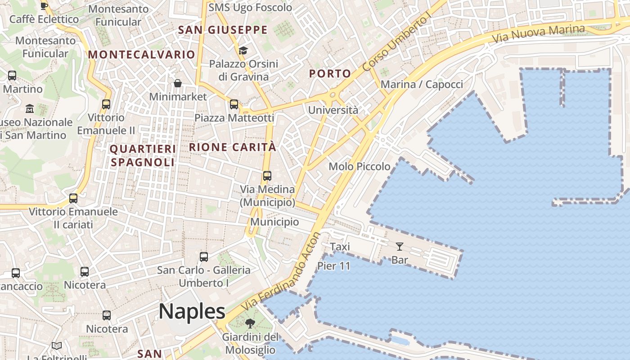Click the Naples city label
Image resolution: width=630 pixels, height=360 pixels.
click(x=192, y=311)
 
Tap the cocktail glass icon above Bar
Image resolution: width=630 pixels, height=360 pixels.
click(x=399, y=246)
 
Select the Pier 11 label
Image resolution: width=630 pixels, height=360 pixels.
click(x=334, y=265)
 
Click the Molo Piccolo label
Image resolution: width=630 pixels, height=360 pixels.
click(x=360, y=166)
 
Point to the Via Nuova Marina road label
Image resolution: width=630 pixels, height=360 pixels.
click(x=538, y=34)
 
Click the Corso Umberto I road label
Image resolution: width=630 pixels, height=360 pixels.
click(x=397, y=43)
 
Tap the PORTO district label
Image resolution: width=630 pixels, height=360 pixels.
click(x=330, y=74)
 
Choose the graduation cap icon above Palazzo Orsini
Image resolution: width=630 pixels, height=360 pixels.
click(x=243, y=50)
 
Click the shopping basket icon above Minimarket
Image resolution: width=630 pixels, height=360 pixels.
click(x=178, y=83)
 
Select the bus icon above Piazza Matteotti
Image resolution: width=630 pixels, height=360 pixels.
click(x=234, y=104)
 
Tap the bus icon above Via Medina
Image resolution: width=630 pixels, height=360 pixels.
click(x=267, y=176)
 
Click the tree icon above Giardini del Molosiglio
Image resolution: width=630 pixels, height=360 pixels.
click(x=250, y=323)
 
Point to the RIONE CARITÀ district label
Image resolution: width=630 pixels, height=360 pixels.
click(x=233, y=147)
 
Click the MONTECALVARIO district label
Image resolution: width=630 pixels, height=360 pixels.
click(x=142, y=55)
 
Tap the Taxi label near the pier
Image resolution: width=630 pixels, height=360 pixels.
click(x=340, y=247)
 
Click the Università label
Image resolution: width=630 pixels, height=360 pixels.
click(x=333, y=110)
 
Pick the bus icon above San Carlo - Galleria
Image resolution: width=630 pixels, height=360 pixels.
click(x=204, y=257)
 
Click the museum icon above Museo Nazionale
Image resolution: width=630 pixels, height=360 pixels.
click(x=30, y=109)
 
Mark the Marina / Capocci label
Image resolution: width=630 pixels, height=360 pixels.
click(x=422, y=85)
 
